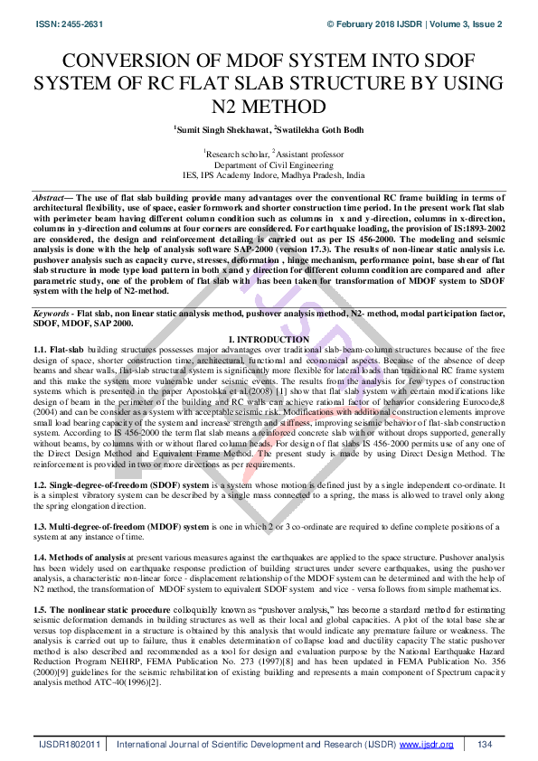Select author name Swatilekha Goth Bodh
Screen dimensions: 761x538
click(312, 130)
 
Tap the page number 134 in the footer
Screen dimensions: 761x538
click(485, 744)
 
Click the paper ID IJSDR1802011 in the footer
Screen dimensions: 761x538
click(69, 744)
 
